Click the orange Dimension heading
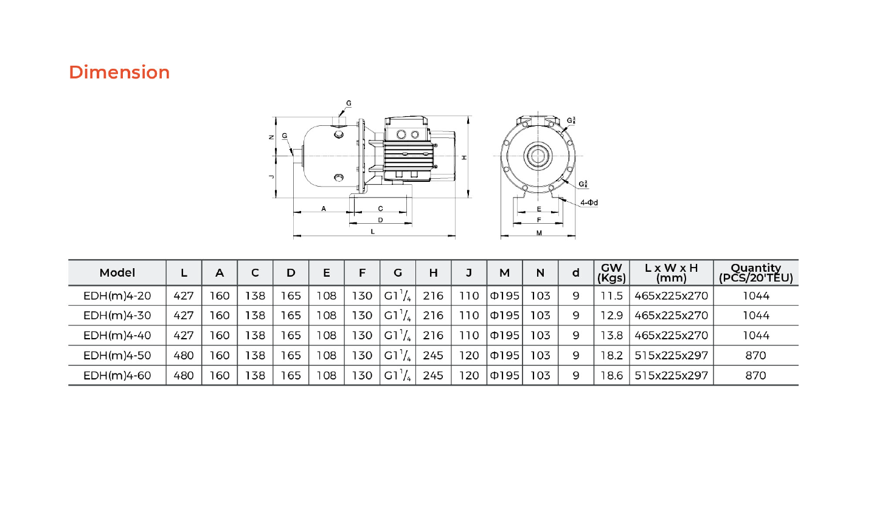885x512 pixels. [119, 72]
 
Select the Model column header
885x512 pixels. [117, 272]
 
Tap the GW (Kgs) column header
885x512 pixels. [611, 272]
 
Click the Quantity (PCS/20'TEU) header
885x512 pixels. [756, 272]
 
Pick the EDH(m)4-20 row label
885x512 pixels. [117, 296]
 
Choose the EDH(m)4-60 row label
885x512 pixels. [117, 375]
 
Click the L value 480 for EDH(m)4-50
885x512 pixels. [184, 355]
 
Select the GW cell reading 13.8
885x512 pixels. [612, 336]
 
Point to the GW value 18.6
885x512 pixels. [612, 375]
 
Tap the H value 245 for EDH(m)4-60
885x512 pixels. [433, 375]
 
